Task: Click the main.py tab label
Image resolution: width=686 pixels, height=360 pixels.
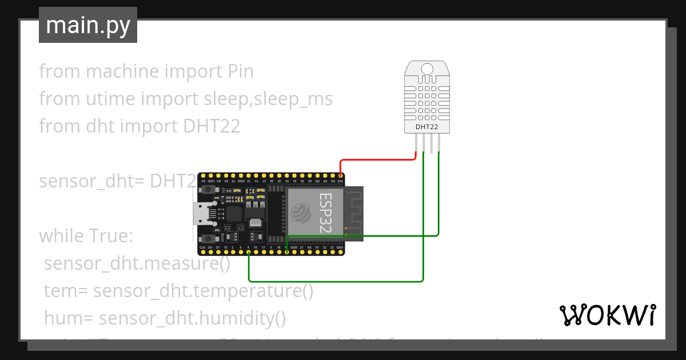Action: click(87, 25)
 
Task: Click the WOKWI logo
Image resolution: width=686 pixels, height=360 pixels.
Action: click(607, 315)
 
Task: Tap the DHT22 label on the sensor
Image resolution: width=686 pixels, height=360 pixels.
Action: click(426, 127)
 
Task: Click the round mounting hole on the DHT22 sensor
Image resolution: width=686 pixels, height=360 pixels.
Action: click(427, 70)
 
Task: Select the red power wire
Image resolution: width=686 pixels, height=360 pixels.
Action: click(377, 160)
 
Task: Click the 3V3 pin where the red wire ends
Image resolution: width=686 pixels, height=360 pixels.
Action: click(340, 175)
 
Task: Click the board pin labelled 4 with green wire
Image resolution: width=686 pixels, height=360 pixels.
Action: click(249, 252)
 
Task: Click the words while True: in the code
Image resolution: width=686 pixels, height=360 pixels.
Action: click(86, 236)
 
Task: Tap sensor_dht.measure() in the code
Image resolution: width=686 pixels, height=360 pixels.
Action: click(137, 263)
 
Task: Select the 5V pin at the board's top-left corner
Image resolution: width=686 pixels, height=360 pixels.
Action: click(202, 175)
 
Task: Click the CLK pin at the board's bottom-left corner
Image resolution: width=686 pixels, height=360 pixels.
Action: click(202, 252)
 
